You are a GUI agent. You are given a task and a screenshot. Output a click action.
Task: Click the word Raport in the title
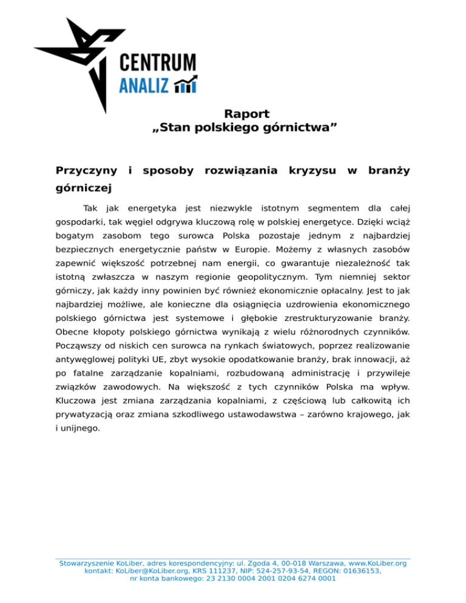point(246,113)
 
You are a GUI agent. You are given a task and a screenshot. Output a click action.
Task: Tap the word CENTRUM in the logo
point(157,62)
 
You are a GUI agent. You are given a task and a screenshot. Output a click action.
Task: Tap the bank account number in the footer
point(266,578)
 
